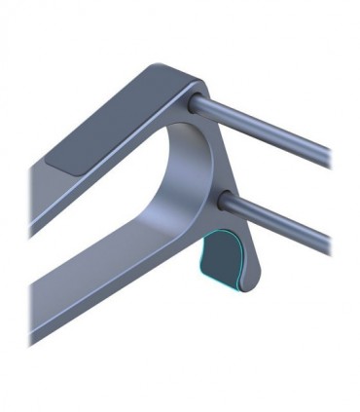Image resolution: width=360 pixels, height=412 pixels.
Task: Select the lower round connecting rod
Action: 282,219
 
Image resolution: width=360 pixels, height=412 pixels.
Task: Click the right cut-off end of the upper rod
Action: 329,155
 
